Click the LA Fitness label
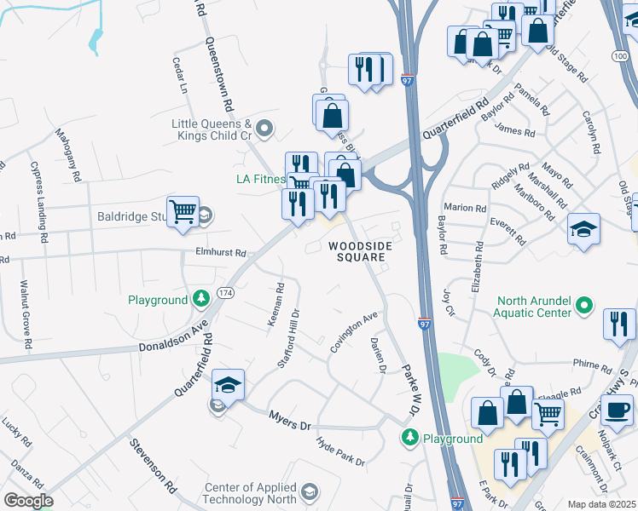(259, 179)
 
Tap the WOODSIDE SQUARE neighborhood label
(361, 251)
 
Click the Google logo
(28, 501)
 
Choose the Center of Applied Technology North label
(248, 493)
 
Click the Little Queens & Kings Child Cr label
(212, 129)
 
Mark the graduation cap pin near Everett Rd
(584, 228)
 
